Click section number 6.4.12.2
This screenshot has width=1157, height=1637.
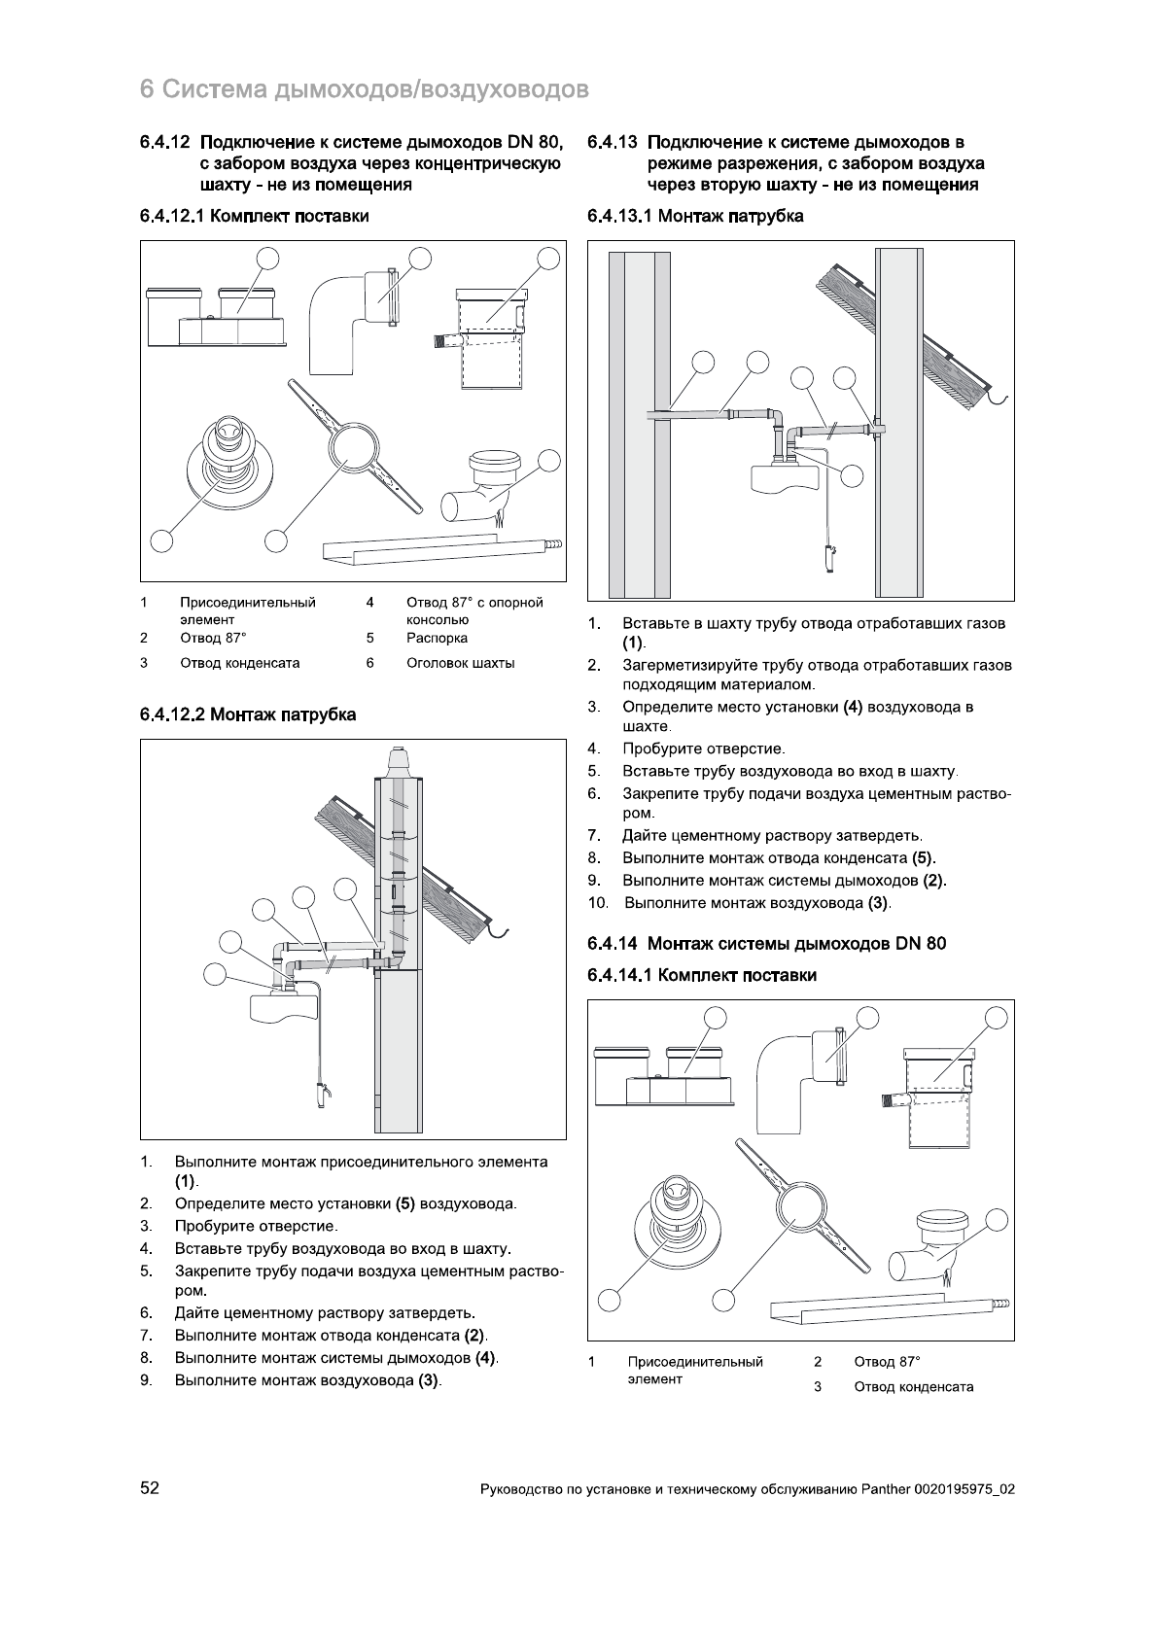point(172,715)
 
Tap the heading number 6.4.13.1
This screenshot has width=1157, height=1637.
point(619,217)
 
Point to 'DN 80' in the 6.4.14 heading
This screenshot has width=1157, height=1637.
point(922,944)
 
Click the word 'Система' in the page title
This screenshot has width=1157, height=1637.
point(214,90)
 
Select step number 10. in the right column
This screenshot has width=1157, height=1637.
point(598,903)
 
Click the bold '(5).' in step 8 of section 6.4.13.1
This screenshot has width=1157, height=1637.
point(924,858)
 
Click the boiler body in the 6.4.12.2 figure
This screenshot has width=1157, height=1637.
point(284,1007)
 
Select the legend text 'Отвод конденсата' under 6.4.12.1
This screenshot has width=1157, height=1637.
point(239,663)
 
